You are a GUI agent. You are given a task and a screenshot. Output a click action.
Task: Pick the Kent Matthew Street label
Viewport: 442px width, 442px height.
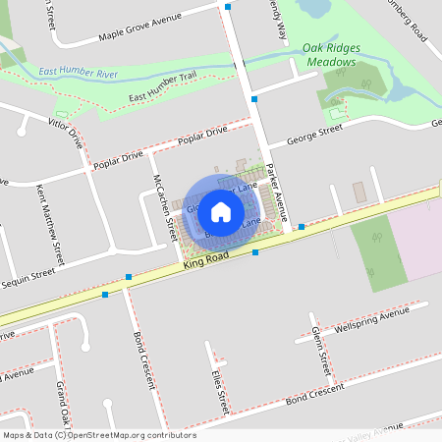coord(49,225)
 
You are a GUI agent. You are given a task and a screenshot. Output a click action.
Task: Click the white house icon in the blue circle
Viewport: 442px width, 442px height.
coord(221,211)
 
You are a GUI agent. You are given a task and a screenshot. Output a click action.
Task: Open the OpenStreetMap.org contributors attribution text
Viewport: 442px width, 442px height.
coord(99,435)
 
